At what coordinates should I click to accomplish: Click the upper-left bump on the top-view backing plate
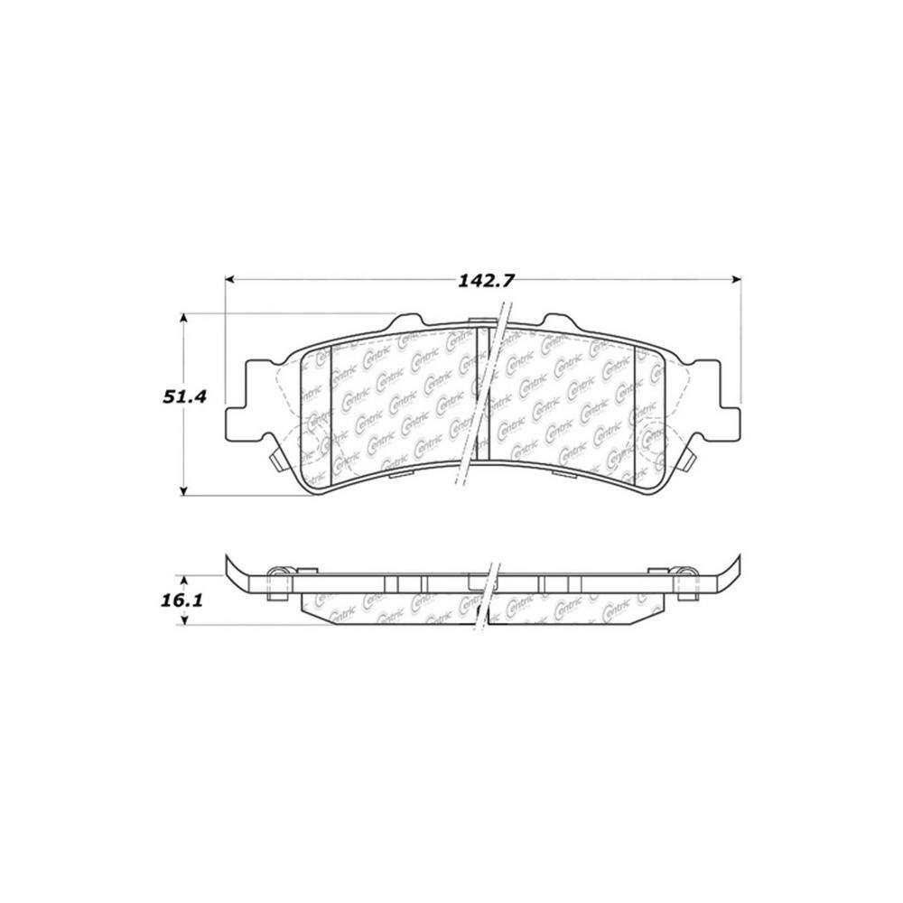coord(406,323)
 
